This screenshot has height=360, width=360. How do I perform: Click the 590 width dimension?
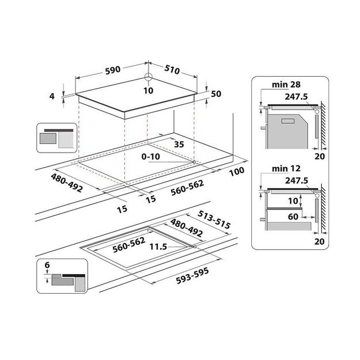coord(112,70)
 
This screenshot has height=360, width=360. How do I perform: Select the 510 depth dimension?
coord(172,70)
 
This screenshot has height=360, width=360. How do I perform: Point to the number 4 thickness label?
coord(52,96)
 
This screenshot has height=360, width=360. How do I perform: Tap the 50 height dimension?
coord(216,93)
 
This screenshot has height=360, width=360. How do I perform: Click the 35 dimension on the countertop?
coord(179,145)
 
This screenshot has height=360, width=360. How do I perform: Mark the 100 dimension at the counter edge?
coord(236,171)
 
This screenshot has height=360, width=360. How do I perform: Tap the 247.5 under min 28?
coord(295,97)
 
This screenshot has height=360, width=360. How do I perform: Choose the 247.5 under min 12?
coord(295,180)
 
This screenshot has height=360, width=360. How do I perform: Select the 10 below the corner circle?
coord(149,90)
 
